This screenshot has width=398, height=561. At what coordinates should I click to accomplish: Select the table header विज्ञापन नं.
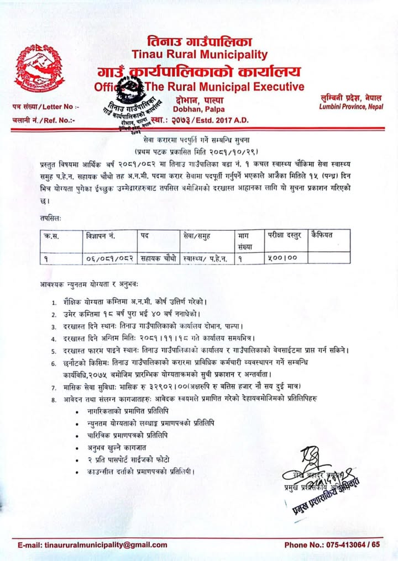point(100,236)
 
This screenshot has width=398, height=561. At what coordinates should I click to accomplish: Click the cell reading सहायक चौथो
point(158,257)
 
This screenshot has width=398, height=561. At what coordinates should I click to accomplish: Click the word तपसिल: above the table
point(51,218)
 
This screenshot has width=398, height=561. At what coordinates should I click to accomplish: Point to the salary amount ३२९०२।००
point(170,384)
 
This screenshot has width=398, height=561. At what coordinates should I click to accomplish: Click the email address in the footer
point(93,544)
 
